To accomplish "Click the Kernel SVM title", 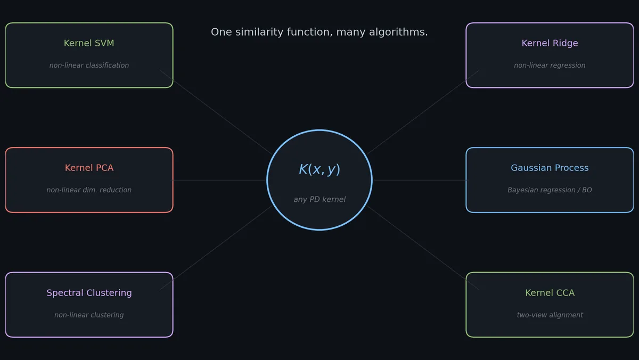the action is point(89,43).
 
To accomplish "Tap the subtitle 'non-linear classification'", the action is point(89,66).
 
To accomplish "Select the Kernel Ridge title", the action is point(550,43).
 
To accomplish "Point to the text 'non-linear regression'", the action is point(550,66).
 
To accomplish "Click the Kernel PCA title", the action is point(89,168).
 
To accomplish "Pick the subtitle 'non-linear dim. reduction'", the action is point(89,190).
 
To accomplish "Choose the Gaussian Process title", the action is point(550,168).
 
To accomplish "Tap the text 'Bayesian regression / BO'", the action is point(550,190).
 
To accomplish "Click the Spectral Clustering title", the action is point(89,293).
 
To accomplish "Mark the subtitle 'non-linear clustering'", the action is point(89,315).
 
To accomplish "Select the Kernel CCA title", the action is point(550,293).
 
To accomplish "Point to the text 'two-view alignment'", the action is point(550,315).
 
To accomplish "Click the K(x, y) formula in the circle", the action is point(319,169).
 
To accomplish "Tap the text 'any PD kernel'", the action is point(319,199).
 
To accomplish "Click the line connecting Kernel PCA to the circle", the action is point(219,180).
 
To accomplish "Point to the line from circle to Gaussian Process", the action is point(420,180).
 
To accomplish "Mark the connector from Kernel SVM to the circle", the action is point(216,112).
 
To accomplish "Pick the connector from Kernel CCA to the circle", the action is point(423,248).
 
